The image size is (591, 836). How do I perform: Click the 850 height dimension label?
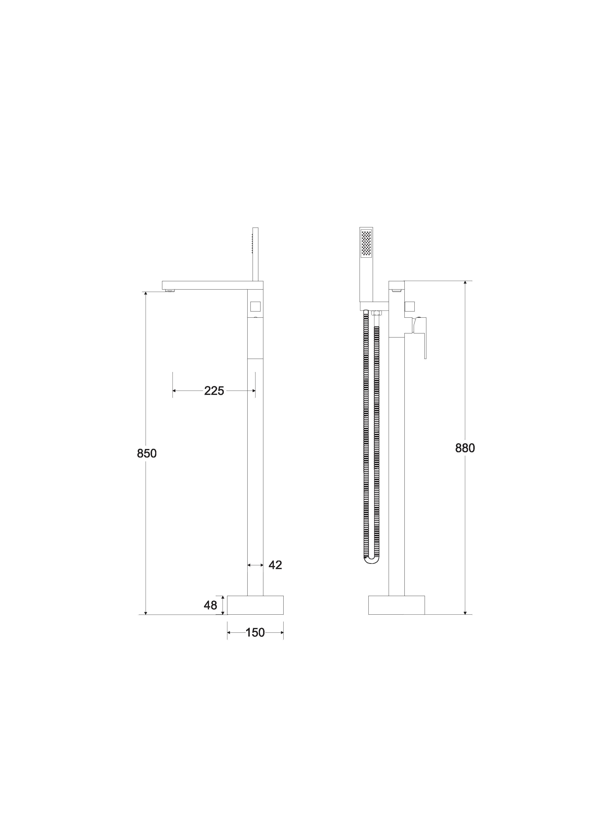coord(147,453)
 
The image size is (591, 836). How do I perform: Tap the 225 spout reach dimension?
coord(214,391)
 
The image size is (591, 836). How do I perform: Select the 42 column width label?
coord(275,565)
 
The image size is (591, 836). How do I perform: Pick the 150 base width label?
coord(255,632)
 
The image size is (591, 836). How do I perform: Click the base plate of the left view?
coord(255,605)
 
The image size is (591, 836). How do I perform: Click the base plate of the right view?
coord(397,605)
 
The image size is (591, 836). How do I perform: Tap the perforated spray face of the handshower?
coord(366,244)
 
